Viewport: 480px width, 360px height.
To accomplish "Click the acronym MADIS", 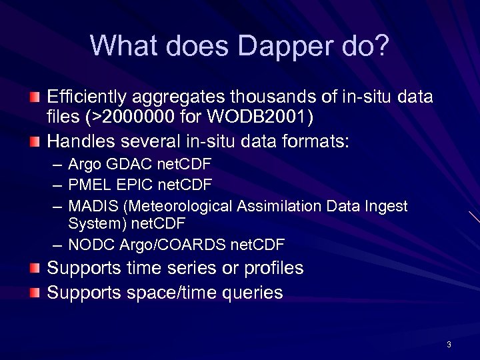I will (x=93, y=207).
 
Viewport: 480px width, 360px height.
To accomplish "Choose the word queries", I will (x=253, y=293).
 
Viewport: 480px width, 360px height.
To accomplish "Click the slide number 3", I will (x=449, y=345).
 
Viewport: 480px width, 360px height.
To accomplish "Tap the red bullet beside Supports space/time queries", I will (x=35, y=292).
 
